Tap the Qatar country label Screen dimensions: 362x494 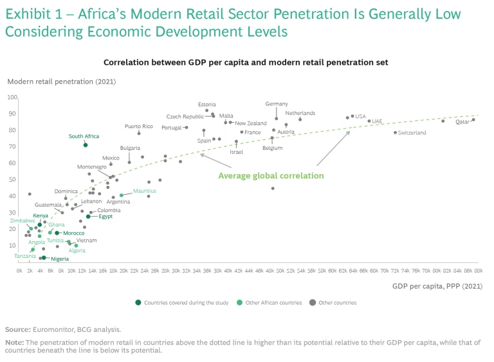pyautogui.click(x=462, y=122)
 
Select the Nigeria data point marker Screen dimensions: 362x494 pyautogui.click(x=44, y=258)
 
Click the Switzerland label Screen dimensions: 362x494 pyautogui.click(x=412, y=133)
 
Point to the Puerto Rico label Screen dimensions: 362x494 pyautogui.click(x=139, y=126)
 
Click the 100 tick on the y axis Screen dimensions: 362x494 pyautogui.click(x=12, y=97)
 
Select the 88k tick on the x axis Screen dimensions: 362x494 pyautogui.click(x=478, y=271)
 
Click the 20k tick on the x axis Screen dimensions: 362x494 pyautogui.click(x=123, y=271)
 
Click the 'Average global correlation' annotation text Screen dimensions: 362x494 pyautogui.click(x=271, y=176)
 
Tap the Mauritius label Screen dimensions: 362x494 pyautogui.click(x=144, y=191)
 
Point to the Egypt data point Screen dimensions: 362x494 pyautogui.click(x=88, y=217)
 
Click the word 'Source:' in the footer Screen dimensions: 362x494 pyautogui.click(x=18, y=329)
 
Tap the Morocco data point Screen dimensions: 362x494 pyautogui.click(x=57, y=233)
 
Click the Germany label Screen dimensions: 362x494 pyautogui.click(x=277, y=104)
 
